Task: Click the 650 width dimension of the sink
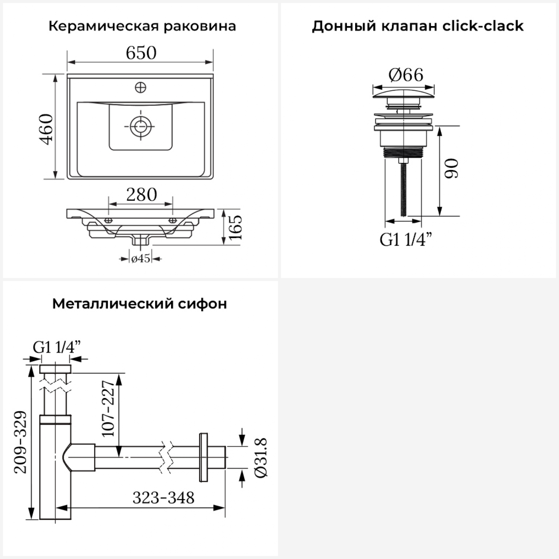pos(141,53)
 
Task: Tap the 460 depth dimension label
pos(47,129)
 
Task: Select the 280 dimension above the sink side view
pos(142,195)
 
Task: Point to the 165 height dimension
pos(236,227)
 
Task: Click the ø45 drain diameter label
pos(140,259)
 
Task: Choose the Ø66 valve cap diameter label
pos(406,75)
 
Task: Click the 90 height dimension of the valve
pos(452,168)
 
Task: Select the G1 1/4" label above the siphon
pos(57,347)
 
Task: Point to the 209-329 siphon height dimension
pos(21,442)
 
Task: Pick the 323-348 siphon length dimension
pos(164,498)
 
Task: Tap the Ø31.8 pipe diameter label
pos(261,458)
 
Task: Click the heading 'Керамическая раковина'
pos(142,26)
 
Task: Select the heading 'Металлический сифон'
pos(140,304)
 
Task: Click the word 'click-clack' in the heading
pos(483,26)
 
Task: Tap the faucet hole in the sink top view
pos(140,88)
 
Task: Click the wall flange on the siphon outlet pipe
pos(203,457)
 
